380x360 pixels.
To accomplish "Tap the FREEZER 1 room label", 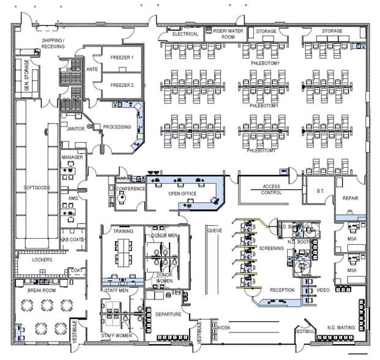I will coord(122,57).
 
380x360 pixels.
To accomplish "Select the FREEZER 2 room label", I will coord(122,85).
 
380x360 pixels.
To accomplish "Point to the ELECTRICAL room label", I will coord(185,34).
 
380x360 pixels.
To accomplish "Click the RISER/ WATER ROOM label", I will coord(224,34).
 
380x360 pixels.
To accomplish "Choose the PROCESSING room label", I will coord(117,127).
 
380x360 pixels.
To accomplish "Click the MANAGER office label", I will coord(72,157).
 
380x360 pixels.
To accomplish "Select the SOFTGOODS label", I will coord(37,187).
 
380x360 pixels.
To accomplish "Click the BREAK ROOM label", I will coord(42,290).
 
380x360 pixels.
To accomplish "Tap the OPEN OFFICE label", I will coord(182,193).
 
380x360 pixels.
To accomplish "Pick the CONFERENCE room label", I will coord(131,189).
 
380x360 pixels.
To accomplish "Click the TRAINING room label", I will coord(123,231).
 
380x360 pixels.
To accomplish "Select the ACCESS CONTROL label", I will coord(271,189).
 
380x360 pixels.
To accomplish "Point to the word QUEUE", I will coord(214,231).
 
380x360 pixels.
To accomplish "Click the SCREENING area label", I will coord(271,249).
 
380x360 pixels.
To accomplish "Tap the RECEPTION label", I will coord(282,290).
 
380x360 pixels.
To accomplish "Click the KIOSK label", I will coord(224,328).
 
